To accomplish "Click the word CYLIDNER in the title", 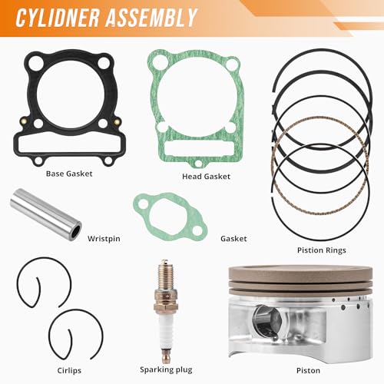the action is coord(58,18).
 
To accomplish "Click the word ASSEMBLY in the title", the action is coord(151,18).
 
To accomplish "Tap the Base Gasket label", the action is coord(69,174).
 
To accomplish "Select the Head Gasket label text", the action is coord(206,176).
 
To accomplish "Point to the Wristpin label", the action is coord(104,239).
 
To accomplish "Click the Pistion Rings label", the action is coord(322,250).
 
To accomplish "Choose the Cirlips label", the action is coord(69,370).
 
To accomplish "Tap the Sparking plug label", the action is coord(166,369).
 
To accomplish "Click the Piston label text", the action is coord(308,370).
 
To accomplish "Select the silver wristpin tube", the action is coord(46,214).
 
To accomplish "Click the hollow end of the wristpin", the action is coord(75,232).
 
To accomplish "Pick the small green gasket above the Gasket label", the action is coord(170,217).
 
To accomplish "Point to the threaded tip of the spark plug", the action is coord(166,277).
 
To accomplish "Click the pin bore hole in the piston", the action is coord(266,322).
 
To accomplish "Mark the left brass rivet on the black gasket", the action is coord(24,120).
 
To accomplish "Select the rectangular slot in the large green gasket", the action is coord(199,149).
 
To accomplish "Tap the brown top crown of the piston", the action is coord(300,273).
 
